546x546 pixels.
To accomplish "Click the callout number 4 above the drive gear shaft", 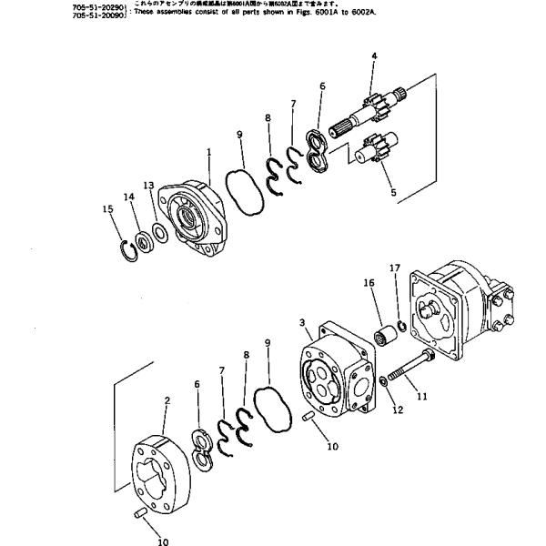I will [x=373, y=57].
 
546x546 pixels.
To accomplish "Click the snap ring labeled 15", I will [x=127, y=248].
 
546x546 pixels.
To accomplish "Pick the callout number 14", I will [x=128, y=197].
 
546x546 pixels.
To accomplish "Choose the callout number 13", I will [x=148, y=185].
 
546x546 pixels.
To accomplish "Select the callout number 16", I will [x=369, y=284].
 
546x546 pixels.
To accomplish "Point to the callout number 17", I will [x=394, y=268].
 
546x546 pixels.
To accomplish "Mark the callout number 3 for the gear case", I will [x=301, y=321].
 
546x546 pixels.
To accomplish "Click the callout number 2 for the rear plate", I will [x=167, y=399].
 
